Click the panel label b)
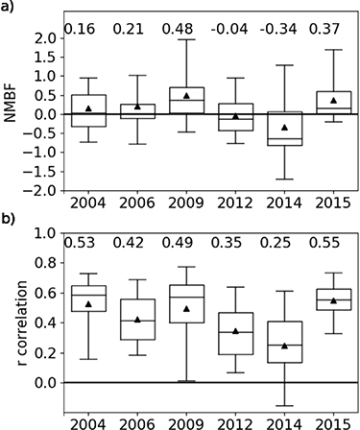click(9, 219)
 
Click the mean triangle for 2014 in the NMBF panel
click(284, 128)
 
